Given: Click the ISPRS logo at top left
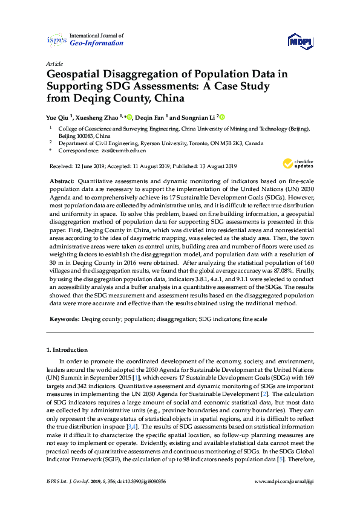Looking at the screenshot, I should pyautogui.click(x=56, y=40).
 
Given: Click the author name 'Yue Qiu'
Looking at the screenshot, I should pyautogui.click(x=58, y=117).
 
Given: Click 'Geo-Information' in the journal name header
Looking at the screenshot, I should pyautogui.click(x=97, y=44).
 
